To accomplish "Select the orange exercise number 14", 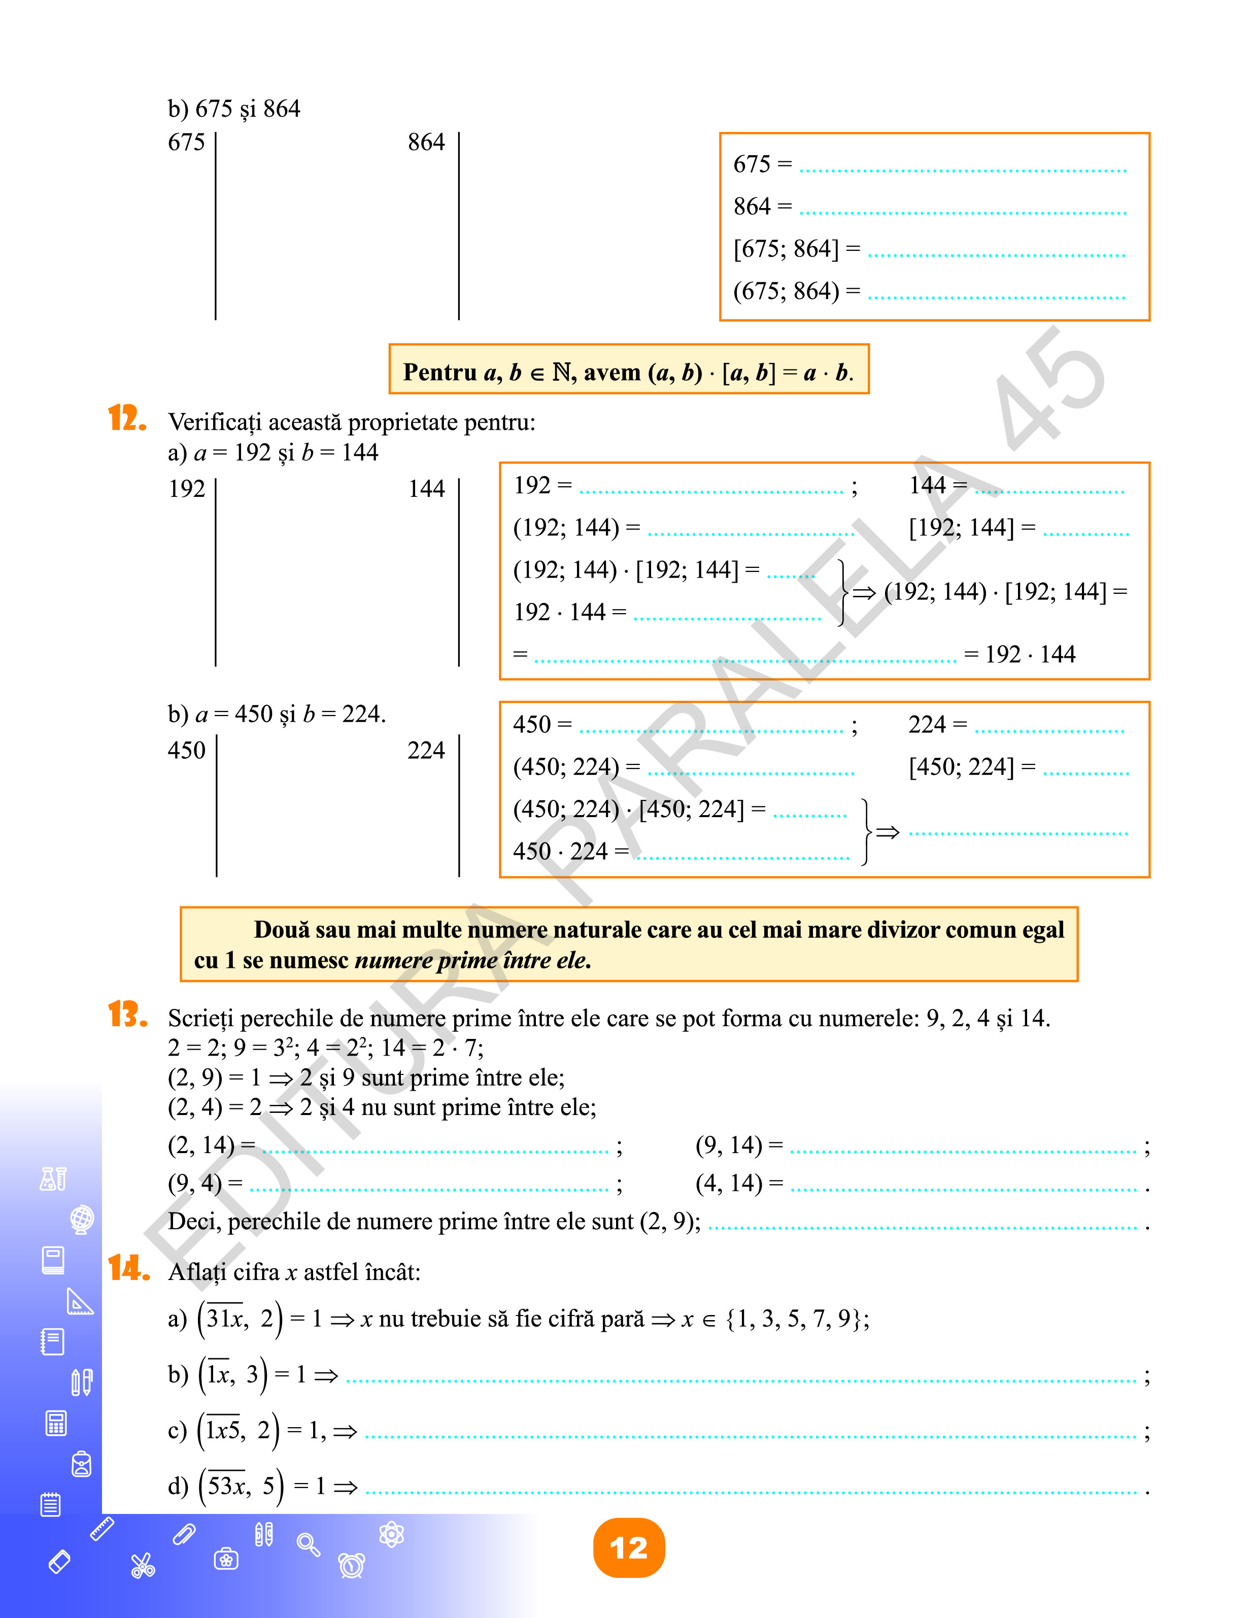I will (128, 1268).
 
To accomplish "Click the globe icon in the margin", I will (82, 1219).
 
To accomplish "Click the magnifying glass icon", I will (308, 1544).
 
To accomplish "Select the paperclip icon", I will (184, 1534).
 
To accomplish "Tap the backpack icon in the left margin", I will (82, 1464).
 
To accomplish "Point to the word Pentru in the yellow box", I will (439, 372).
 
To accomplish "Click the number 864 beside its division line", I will (426, 142).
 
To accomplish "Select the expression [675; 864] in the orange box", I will (786, 249).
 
